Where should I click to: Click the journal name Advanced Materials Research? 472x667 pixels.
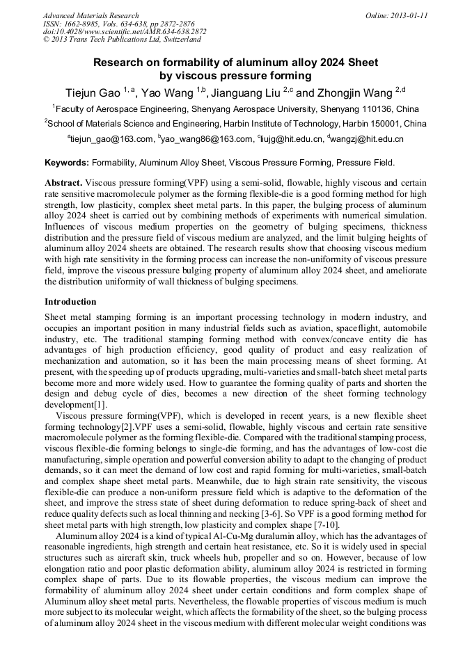pyautogui.click(x=91, y=15)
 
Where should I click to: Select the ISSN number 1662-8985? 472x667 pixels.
pyautogui.click(x=87, y=24)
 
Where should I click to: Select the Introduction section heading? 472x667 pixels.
pyautogui.click(x=70, y=302)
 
